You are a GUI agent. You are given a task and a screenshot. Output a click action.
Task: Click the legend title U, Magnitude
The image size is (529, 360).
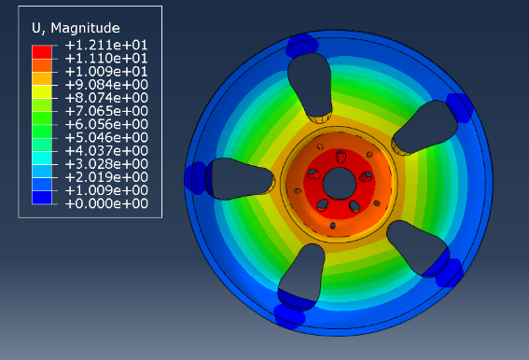(x=76, y=28)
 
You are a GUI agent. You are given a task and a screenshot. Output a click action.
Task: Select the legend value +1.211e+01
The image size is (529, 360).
(x=106, y=45)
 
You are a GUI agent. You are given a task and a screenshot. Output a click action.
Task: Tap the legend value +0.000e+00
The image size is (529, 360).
(x=106, y=203)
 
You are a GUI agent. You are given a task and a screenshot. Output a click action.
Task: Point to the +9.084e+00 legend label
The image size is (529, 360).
(x=106, y=85)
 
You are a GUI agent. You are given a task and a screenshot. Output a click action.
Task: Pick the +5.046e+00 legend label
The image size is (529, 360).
(x=106, y=137)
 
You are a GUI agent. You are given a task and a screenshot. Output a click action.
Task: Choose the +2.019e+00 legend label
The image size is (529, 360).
(x=106, y=177)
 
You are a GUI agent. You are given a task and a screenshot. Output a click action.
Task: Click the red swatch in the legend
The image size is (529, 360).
(x=42, y=52)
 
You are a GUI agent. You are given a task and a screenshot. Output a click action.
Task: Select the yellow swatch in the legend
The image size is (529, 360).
(x=42, y=91)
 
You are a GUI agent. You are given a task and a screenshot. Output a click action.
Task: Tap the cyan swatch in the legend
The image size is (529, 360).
(x=42, y=158)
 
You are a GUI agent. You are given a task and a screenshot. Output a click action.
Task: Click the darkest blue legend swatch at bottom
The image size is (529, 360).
(x=42, y=198)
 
